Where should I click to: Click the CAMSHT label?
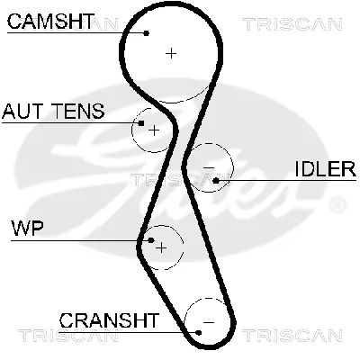pyautogui.click(x=49, y=21)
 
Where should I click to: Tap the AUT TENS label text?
pyautogui.click(x=53, y=112)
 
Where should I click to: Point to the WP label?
pyautogui.click(x=27, y=226)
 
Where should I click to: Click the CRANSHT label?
pyautogui.click(x=109, y=319)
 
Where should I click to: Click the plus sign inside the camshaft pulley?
pyautogui.click(x=171, y=54)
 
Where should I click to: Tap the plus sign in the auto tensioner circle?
pyautogui.click(x=153, y=131)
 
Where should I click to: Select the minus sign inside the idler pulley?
pyautogui.click(x=209, y=168)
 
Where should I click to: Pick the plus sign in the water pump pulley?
pyautogui.click(x=161, y=246)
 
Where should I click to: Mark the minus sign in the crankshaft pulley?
pyautogui.click(x=208, y=321)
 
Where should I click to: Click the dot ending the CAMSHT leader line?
pyautogui.click(x=147, y=33)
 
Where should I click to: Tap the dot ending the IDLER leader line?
pyautogui.click(x=217, y=181)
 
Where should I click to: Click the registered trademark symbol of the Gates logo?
pyautogui.click(x=338, y=206)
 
